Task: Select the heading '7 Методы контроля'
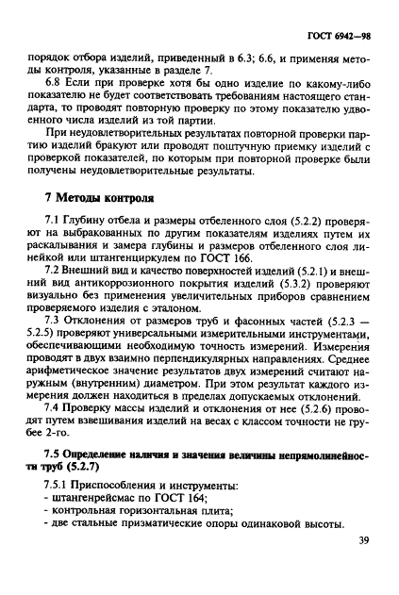pyautogui.click(x=94, y=201)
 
